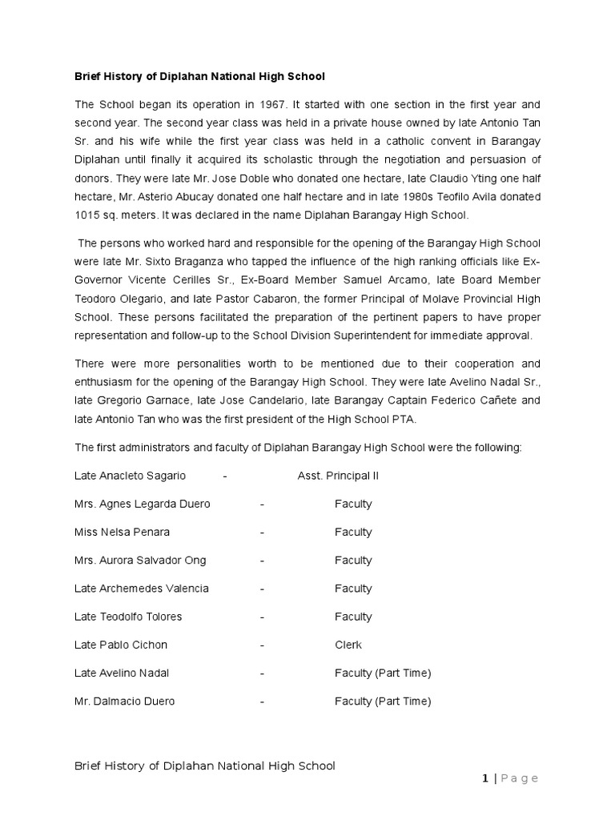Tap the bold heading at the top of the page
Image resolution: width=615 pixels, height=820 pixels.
[199, 76]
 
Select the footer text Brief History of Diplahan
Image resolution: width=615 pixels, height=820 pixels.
[204, 766]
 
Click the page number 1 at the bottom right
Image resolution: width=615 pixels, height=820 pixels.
[485, 778]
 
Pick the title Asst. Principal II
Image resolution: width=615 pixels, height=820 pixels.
[338, 476]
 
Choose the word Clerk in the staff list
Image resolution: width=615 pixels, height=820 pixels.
[348, 645]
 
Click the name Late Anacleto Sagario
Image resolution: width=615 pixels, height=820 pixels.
[130, 476]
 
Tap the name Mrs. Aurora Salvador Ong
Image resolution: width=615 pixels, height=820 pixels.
[140, 561]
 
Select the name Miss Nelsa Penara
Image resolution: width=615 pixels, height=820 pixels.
[122, 533]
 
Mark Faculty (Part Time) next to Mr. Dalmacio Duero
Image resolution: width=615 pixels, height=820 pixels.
[383, 701]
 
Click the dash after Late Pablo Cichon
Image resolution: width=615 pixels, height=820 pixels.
[263, 645]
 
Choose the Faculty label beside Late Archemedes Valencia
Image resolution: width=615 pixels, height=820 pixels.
[353, 589]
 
